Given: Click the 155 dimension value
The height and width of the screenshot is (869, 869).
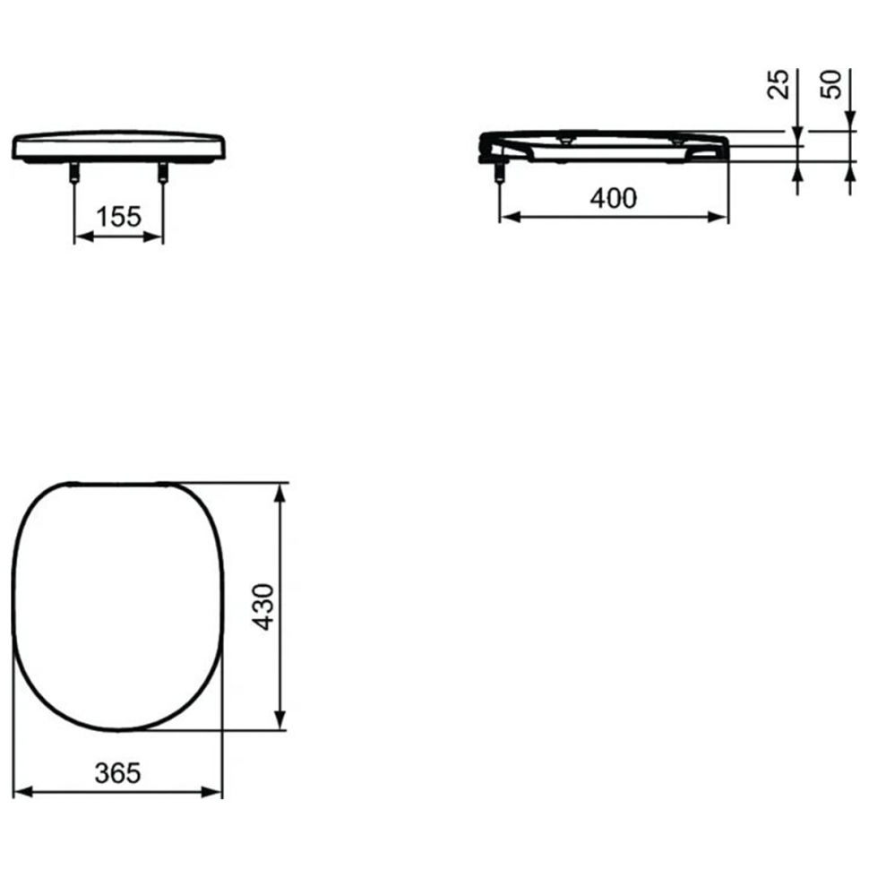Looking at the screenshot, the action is point(118,217).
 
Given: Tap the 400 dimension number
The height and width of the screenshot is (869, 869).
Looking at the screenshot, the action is point(614,198).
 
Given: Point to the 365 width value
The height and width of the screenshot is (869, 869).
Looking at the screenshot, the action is point(117,772).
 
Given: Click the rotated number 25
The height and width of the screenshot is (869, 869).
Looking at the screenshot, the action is point(779,84).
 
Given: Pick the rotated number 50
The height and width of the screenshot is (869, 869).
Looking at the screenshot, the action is point(831,84).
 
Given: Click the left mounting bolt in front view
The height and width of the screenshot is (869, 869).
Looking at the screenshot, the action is point(74,172).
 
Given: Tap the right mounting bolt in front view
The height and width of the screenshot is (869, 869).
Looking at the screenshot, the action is point(162,172).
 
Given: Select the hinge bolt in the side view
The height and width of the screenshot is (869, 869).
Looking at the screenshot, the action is point(499,173).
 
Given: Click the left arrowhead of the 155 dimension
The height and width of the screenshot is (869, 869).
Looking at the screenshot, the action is point(83,237).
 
